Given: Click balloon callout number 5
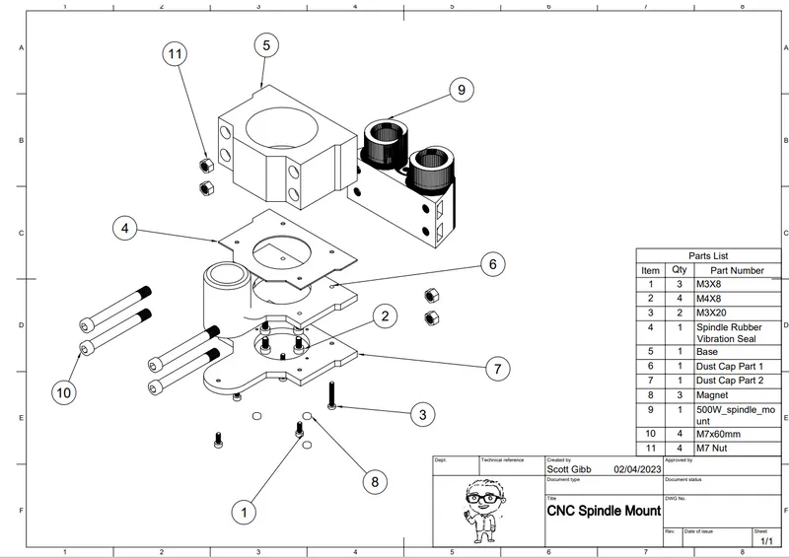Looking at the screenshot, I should coord(265,44).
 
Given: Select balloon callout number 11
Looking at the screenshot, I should coord(177,55).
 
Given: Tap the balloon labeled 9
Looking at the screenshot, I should coord(461,90).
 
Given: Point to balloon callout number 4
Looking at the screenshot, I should coord(125,228).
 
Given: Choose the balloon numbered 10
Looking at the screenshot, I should coord(64,392).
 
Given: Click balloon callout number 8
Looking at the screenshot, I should coord(374,482).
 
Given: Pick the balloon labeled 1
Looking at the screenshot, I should coord(244,512).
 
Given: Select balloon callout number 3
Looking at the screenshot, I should coord(422,414).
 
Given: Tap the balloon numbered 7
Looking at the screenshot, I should coord(499,370).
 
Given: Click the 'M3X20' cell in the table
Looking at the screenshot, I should coord(717,313).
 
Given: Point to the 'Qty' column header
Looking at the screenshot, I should coord(680,269).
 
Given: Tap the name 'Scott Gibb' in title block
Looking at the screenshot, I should coord(572,470).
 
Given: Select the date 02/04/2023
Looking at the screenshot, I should coord(635,470).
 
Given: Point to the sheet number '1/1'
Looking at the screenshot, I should coord(764,541).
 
